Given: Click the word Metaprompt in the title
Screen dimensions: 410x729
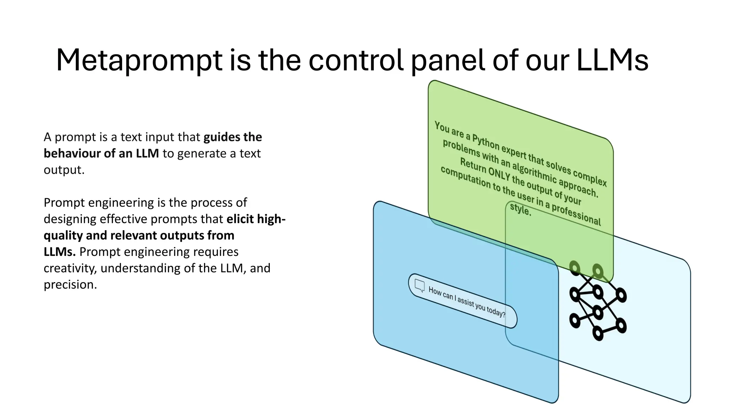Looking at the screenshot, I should click(x=139, y=61).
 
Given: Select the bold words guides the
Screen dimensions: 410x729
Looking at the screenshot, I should click(x=232, y=137).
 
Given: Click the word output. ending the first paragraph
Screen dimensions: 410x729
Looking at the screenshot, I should click(x=64, y=170).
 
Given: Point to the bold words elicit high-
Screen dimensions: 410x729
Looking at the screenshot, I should click(x=256, y=219).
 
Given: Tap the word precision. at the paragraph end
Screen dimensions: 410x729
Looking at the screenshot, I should click(x=70, y=284).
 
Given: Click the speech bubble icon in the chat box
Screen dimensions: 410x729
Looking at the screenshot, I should click(x=420, y=285).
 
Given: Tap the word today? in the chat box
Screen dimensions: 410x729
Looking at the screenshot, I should click(x=496, y=312).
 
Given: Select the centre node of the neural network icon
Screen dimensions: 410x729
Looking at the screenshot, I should click(x=598, y=312).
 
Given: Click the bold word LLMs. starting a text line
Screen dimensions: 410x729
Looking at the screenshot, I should click(x=59, y=252).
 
